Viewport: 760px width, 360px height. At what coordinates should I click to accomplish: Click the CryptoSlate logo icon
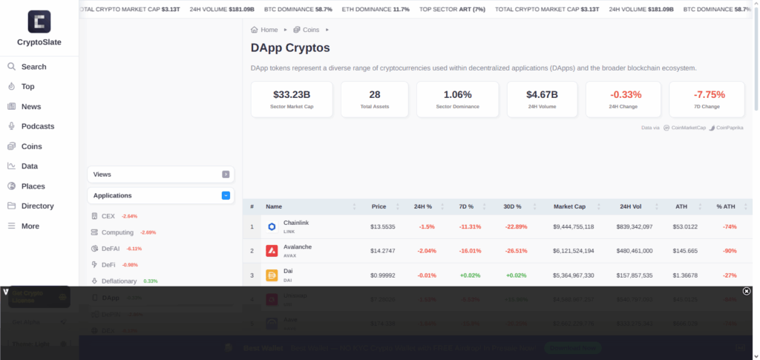click(x=39, y=21)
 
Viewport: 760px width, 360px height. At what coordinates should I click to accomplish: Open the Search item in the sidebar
click(x=33, y=67)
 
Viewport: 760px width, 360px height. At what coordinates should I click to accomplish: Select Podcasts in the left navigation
click(x=37, y=126)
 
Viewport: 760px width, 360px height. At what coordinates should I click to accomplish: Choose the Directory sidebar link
click(x=37, y=206)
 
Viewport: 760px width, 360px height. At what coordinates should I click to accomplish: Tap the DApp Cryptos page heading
click(x=290, y=48)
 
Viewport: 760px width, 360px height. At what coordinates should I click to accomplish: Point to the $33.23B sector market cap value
click(x=292, y=94)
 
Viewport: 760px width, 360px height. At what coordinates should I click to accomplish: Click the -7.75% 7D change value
click(x=709, y=94)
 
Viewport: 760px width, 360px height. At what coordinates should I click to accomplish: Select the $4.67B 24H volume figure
click(x=542, y=94)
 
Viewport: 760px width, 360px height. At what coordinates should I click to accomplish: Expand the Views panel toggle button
click(x=226, y=174)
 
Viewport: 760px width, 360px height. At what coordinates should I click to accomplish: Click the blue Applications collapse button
click(x=226, y=196)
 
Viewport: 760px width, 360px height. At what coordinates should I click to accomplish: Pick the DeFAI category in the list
click(x=111, y=249)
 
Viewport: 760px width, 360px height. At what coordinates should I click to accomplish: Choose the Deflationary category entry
click(x=119, y=281)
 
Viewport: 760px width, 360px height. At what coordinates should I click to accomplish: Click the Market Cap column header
click(x=569, y=206)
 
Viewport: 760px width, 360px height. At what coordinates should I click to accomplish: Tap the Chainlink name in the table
click(x=296, y=223)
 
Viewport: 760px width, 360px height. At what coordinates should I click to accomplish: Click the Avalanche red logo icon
click(x=272, y=251)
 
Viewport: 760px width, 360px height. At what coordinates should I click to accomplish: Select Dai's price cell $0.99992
click(x=383, y=275)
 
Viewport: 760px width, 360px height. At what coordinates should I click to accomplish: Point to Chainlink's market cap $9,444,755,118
click(x=573, y=226)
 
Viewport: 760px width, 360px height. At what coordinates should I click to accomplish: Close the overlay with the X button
click(x=747, y=291)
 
